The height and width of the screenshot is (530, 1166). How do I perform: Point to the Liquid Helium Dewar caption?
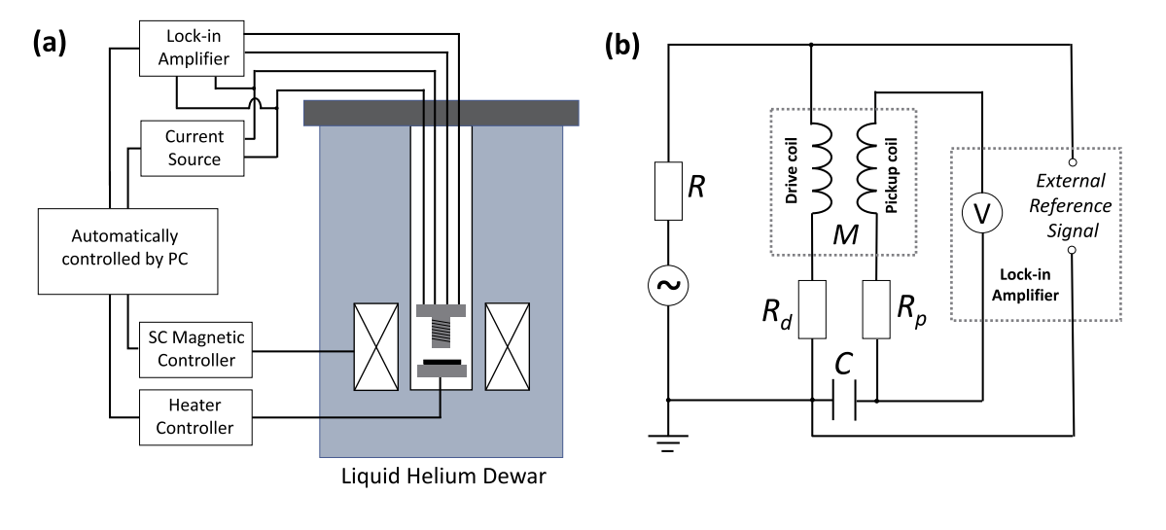tap(441, 478)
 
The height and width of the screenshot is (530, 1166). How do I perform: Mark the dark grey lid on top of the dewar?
tap(442, 112)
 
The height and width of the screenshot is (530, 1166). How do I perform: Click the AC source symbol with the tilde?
tap(669, 284)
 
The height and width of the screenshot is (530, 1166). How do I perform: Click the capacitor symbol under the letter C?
tap(845, 400)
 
